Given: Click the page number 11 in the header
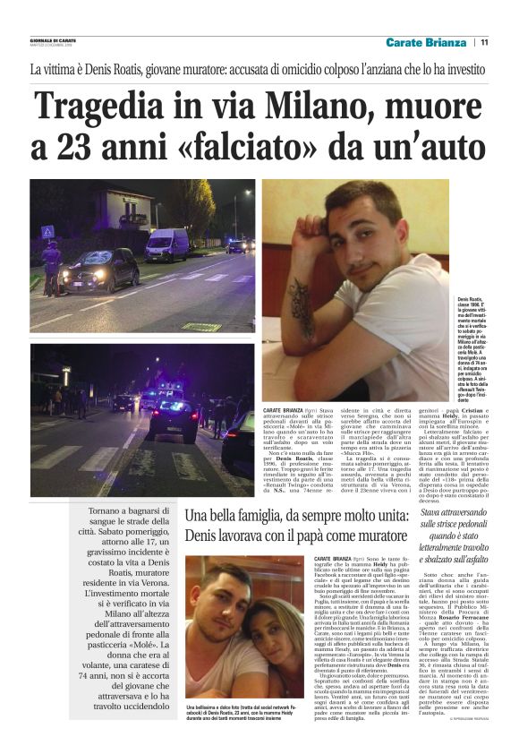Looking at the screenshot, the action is tap(484, 42).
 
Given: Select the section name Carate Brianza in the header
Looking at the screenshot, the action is tap(426, 42).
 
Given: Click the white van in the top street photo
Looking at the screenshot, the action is tap(166, 244).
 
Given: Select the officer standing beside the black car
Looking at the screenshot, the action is tap(53, 267).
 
